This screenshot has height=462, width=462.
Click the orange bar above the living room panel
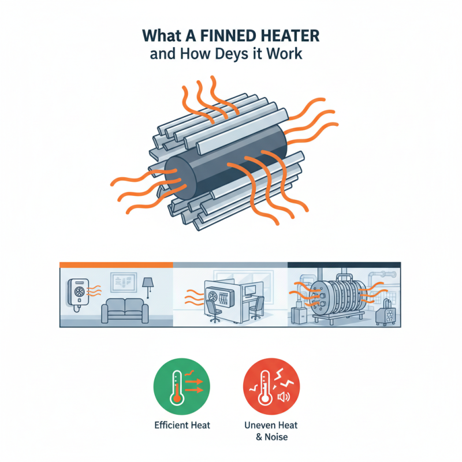pyautogui.click(x=116, y=264)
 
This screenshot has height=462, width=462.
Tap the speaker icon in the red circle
pyautogui.click(x=283, y=396)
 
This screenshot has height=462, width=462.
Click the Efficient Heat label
pyautogui.click(x=182, y=425)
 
